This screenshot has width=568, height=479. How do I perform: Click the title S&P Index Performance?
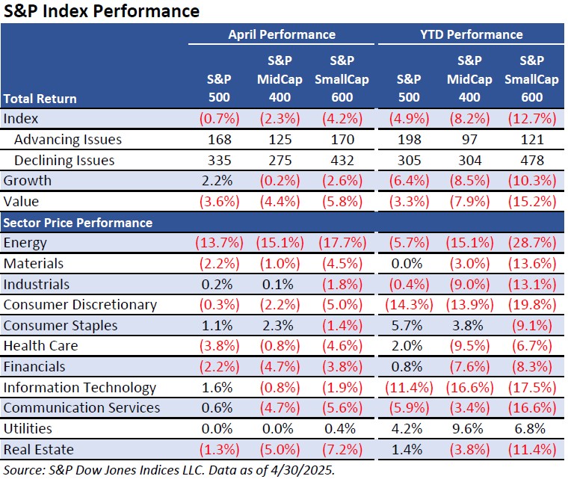point(102,11)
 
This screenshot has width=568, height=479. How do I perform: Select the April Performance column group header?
point(281,34)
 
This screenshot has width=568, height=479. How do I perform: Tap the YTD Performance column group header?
point(469,34)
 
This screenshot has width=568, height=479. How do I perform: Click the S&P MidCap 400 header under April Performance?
point(281,78)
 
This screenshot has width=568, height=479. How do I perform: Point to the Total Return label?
point(40,99)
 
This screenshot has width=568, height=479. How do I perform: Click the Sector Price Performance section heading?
point(78,223)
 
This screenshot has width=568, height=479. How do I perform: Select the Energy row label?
point(25,243)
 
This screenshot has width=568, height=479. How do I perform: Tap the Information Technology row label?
point(80,387)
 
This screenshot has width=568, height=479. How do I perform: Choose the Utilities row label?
point(27,429)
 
